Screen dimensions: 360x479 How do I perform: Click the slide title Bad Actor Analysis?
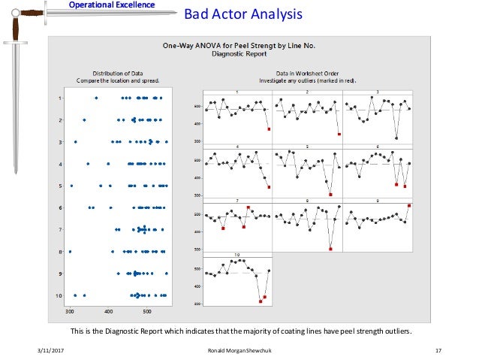(x=243, y=14)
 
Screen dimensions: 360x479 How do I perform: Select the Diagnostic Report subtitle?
(x=239, y=54)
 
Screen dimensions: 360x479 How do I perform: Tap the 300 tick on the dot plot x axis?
(x=70, y=310)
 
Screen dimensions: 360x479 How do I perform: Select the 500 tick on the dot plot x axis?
(x=147, y=310)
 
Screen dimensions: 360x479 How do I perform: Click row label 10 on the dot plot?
(x=59, y=295)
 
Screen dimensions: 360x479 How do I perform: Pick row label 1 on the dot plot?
(x=61, y=98)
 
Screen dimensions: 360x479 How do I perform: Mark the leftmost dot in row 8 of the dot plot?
(x=70, y=252)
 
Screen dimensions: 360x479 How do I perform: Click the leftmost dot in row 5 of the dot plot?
(x=71, y=186)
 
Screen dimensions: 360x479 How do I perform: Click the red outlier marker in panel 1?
(x=269, y=129)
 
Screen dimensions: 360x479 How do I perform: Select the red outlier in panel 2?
(x=339, y=135)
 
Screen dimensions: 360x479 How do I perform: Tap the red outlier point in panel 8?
(x=330, y=249)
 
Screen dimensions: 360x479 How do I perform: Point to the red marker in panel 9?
(x=409, y=205)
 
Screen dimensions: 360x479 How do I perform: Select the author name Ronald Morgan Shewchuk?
(x=239, y=351)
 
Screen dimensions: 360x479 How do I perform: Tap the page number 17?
(x=438, y=351)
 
